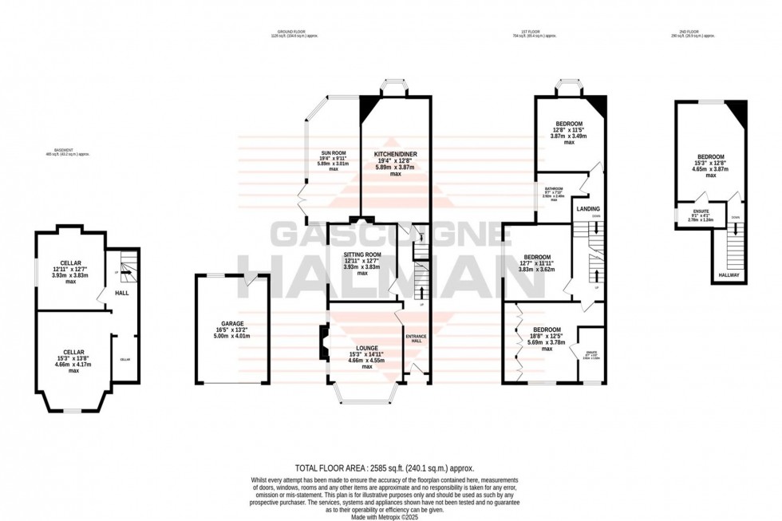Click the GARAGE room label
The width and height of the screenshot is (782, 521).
(x=232, y=324)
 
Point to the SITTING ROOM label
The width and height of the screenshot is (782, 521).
(x=361, y=253)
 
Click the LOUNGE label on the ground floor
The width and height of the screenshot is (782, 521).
(x=367, y=348)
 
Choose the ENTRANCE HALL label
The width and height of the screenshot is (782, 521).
(x=417, y=336)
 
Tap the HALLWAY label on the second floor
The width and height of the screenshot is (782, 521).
(x=729, y=275)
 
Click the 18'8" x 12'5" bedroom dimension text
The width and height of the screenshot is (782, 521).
(x=547, y=336)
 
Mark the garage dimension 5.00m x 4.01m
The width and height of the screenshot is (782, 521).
(x=232, y=337)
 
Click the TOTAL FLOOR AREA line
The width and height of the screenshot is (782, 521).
(x=390, y=468)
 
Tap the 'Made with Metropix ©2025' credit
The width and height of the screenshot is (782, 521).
(x=390, y=516)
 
